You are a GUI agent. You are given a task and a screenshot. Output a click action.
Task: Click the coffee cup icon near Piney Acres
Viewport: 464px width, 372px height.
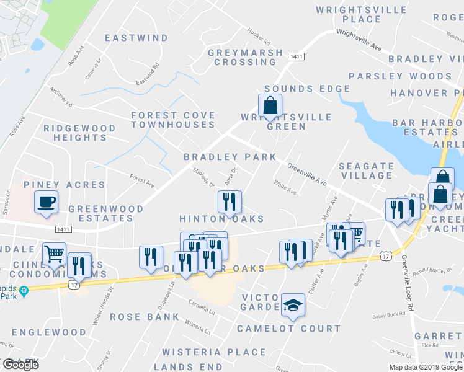click(x=46, y=202)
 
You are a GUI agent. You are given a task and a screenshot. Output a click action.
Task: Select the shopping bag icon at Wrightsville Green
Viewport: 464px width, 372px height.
click(x=270, y=106)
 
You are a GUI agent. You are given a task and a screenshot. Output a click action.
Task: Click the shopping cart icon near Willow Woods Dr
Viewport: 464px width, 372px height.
click(x=54, y=254)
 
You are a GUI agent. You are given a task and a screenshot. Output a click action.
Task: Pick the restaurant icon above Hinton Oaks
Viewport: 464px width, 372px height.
click(x=230, y=201)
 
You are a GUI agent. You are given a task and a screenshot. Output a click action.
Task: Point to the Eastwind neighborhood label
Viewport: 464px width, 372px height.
click(x=136, y=38)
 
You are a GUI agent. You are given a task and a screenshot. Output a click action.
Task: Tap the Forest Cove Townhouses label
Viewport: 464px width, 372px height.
click(x=173, y=120)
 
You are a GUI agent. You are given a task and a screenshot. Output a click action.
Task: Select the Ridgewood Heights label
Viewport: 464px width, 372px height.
click(x=79, y=133)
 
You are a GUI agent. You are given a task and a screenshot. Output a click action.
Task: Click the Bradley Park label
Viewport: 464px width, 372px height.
click(x=230, y=157)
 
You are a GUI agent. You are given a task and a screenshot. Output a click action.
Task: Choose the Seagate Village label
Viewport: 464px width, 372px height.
click(x=366, y=170)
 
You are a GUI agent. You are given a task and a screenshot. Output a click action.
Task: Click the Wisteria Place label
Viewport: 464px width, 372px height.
click(x=214, y=352)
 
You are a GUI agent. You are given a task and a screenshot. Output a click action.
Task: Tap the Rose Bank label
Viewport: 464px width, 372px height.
click(x=145, y=317)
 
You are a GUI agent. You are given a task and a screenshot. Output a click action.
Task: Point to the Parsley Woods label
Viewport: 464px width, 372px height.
click(x=400, y=76)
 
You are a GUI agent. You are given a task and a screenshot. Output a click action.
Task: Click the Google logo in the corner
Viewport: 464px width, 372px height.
click(x=20, y=365)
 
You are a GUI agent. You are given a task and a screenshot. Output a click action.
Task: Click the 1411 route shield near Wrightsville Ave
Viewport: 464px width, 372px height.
click(x=296, y=56)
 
